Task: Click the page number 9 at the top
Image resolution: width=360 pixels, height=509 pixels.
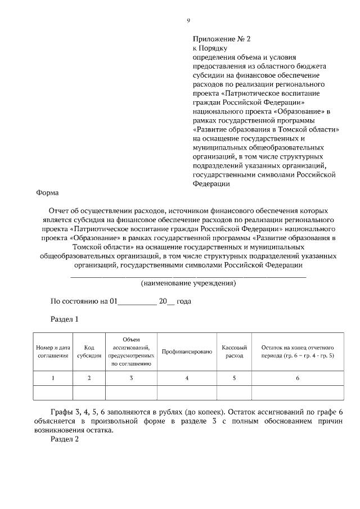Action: tap(188, 21)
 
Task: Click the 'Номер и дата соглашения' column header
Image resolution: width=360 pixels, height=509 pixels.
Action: tap(53, 352)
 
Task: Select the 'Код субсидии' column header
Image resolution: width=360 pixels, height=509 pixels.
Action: tap(89, 352)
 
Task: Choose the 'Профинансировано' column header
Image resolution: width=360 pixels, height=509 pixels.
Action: tap(187, 352)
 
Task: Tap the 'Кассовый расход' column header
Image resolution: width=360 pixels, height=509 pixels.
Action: tap(235, 352)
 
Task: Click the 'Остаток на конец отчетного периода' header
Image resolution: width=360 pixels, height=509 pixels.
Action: tap(298, 352)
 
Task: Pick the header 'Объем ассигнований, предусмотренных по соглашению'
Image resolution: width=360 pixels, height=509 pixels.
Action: tap(131, 352)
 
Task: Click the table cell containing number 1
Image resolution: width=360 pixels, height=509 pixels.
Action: tap(53, 379)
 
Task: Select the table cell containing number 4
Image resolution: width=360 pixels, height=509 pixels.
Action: tap(187, 379)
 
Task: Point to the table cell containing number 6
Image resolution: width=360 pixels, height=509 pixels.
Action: tap(298, 379)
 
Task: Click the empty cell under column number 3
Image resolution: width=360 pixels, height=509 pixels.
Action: tap(131, 393)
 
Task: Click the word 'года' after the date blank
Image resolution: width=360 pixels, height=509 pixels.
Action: tap(184, 301)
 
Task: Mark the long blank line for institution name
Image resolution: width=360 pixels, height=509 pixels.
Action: tap(188, 276)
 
